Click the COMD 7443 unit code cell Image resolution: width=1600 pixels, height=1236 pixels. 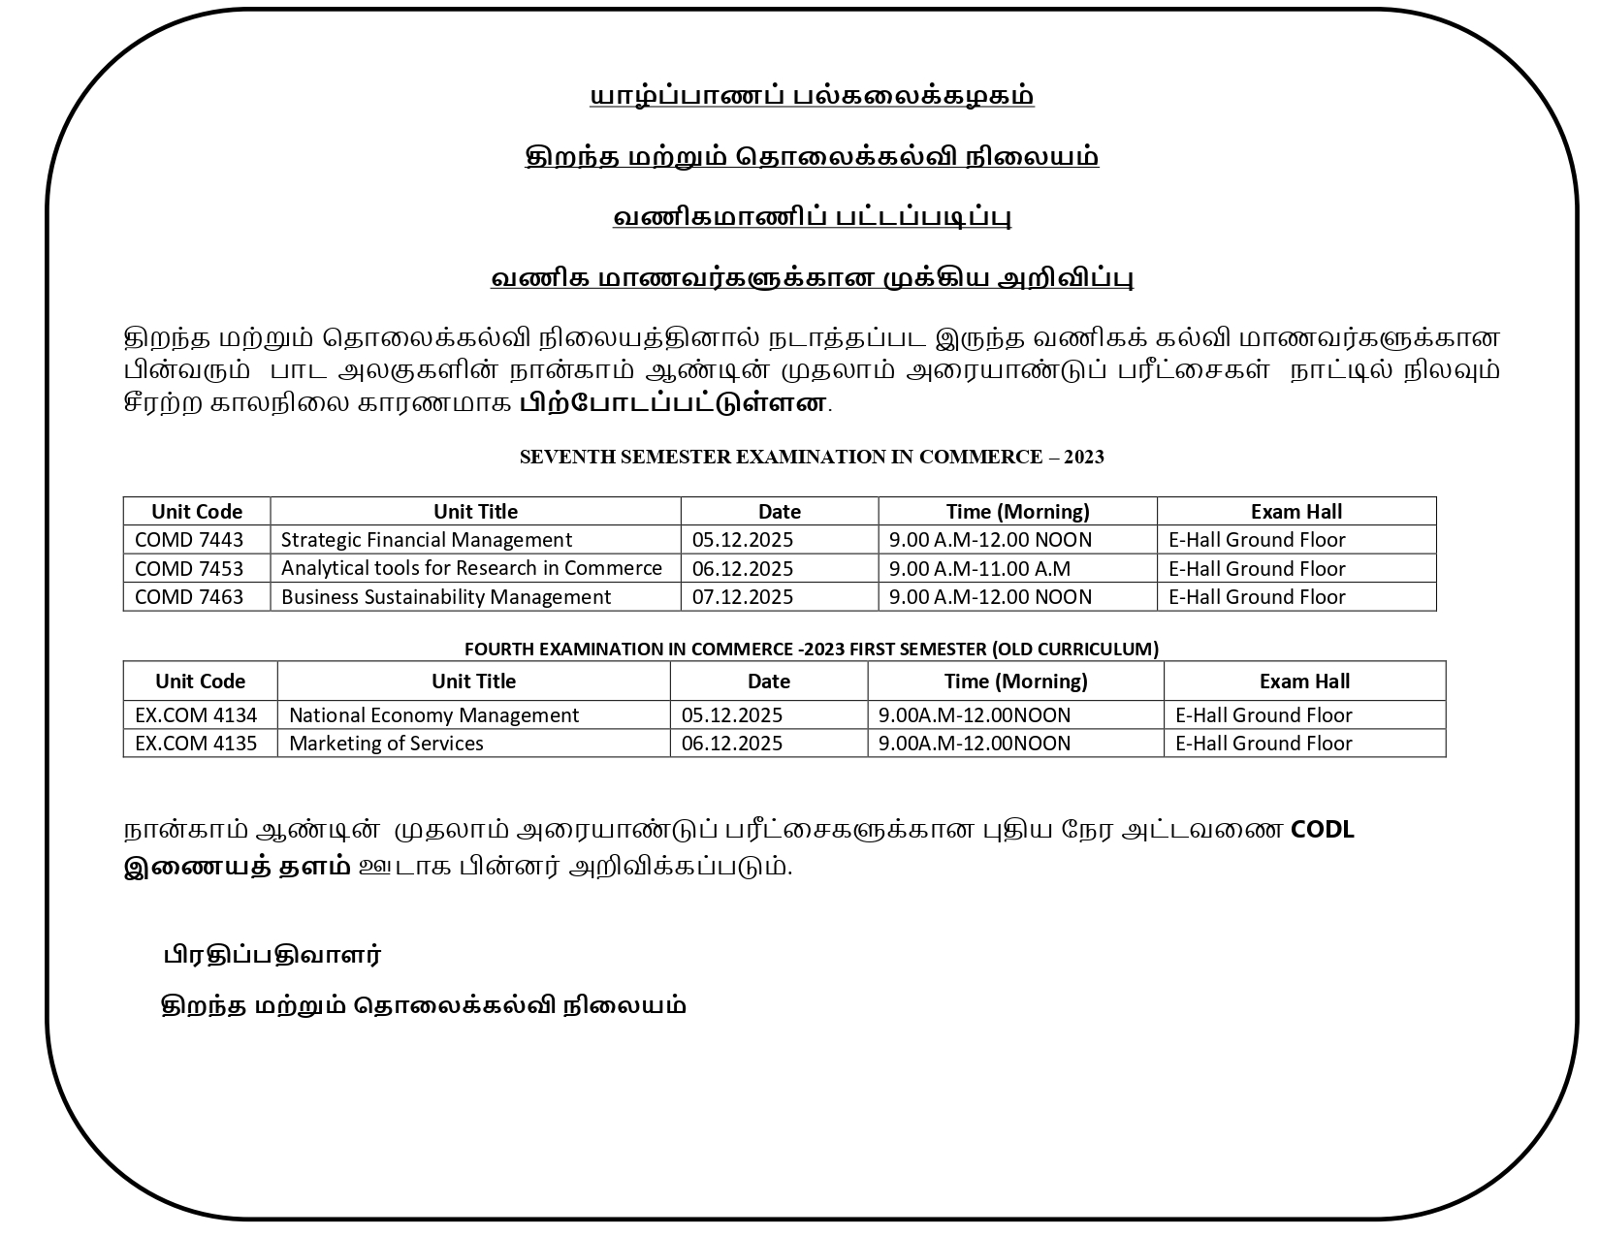pos(189,540)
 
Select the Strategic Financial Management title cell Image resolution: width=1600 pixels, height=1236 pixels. pos(427,540)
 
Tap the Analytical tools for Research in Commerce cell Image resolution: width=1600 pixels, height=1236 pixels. pos(471,568)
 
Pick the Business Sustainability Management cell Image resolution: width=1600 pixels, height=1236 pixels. pos(446,597)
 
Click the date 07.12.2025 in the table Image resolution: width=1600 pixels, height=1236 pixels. pos(743,597)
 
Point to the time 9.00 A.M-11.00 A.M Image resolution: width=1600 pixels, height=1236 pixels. pos(979,568)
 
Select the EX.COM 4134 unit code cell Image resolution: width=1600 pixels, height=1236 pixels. pos(196,715)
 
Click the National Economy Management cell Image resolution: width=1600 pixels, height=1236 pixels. pos(433,715)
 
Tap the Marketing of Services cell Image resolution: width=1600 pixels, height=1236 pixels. pos(386,744)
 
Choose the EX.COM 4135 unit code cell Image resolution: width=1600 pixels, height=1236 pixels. pos(196,744)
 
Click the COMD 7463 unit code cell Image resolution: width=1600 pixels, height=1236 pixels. pos(189,597)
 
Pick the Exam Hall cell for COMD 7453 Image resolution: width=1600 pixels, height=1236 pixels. pos(1257,568)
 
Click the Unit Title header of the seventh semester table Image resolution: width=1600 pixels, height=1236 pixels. pos(475,512)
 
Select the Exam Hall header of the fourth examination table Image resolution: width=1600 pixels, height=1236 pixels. pos(1304,681)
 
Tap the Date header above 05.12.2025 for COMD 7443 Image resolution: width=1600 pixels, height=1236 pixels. pos(780,512)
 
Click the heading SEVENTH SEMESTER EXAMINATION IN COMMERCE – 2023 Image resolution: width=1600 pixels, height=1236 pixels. pos(812,458)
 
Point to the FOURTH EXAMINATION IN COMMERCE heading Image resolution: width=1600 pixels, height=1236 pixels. pos(811,650)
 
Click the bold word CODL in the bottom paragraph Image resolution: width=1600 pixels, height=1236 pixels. pos(1323,830)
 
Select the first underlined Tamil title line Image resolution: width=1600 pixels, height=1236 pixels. pos(812,96)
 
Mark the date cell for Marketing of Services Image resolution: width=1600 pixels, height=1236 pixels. pos(732,744)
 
